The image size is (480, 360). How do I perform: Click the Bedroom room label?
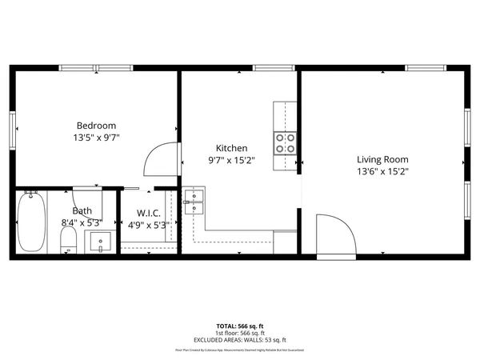click(96, 125)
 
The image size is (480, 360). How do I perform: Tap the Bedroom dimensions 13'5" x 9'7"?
click(96, 138)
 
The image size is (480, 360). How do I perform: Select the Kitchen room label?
click(232, 148)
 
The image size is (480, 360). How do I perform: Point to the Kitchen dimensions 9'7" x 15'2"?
click(232, 160)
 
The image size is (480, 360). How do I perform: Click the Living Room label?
click(382, 158)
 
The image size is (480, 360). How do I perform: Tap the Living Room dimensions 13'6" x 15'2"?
click(382, 171)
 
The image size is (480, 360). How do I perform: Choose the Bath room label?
click(82, 211)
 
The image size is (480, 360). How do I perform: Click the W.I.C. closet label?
click(149, 213)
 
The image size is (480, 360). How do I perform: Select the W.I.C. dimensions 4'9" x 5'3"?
click(149, 225)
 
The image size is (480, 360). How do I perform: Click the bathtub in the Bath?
click(32, 221)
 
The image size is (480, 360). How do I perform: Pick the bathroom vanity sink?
click(99, 242)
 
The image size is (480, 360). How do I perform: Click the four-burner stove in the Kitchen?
click(286, 143)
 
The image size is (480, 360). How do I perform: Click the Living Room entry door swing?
click(334, 236)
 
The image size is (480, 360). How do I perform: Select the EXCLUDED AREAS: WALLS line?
click(240, 340)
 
